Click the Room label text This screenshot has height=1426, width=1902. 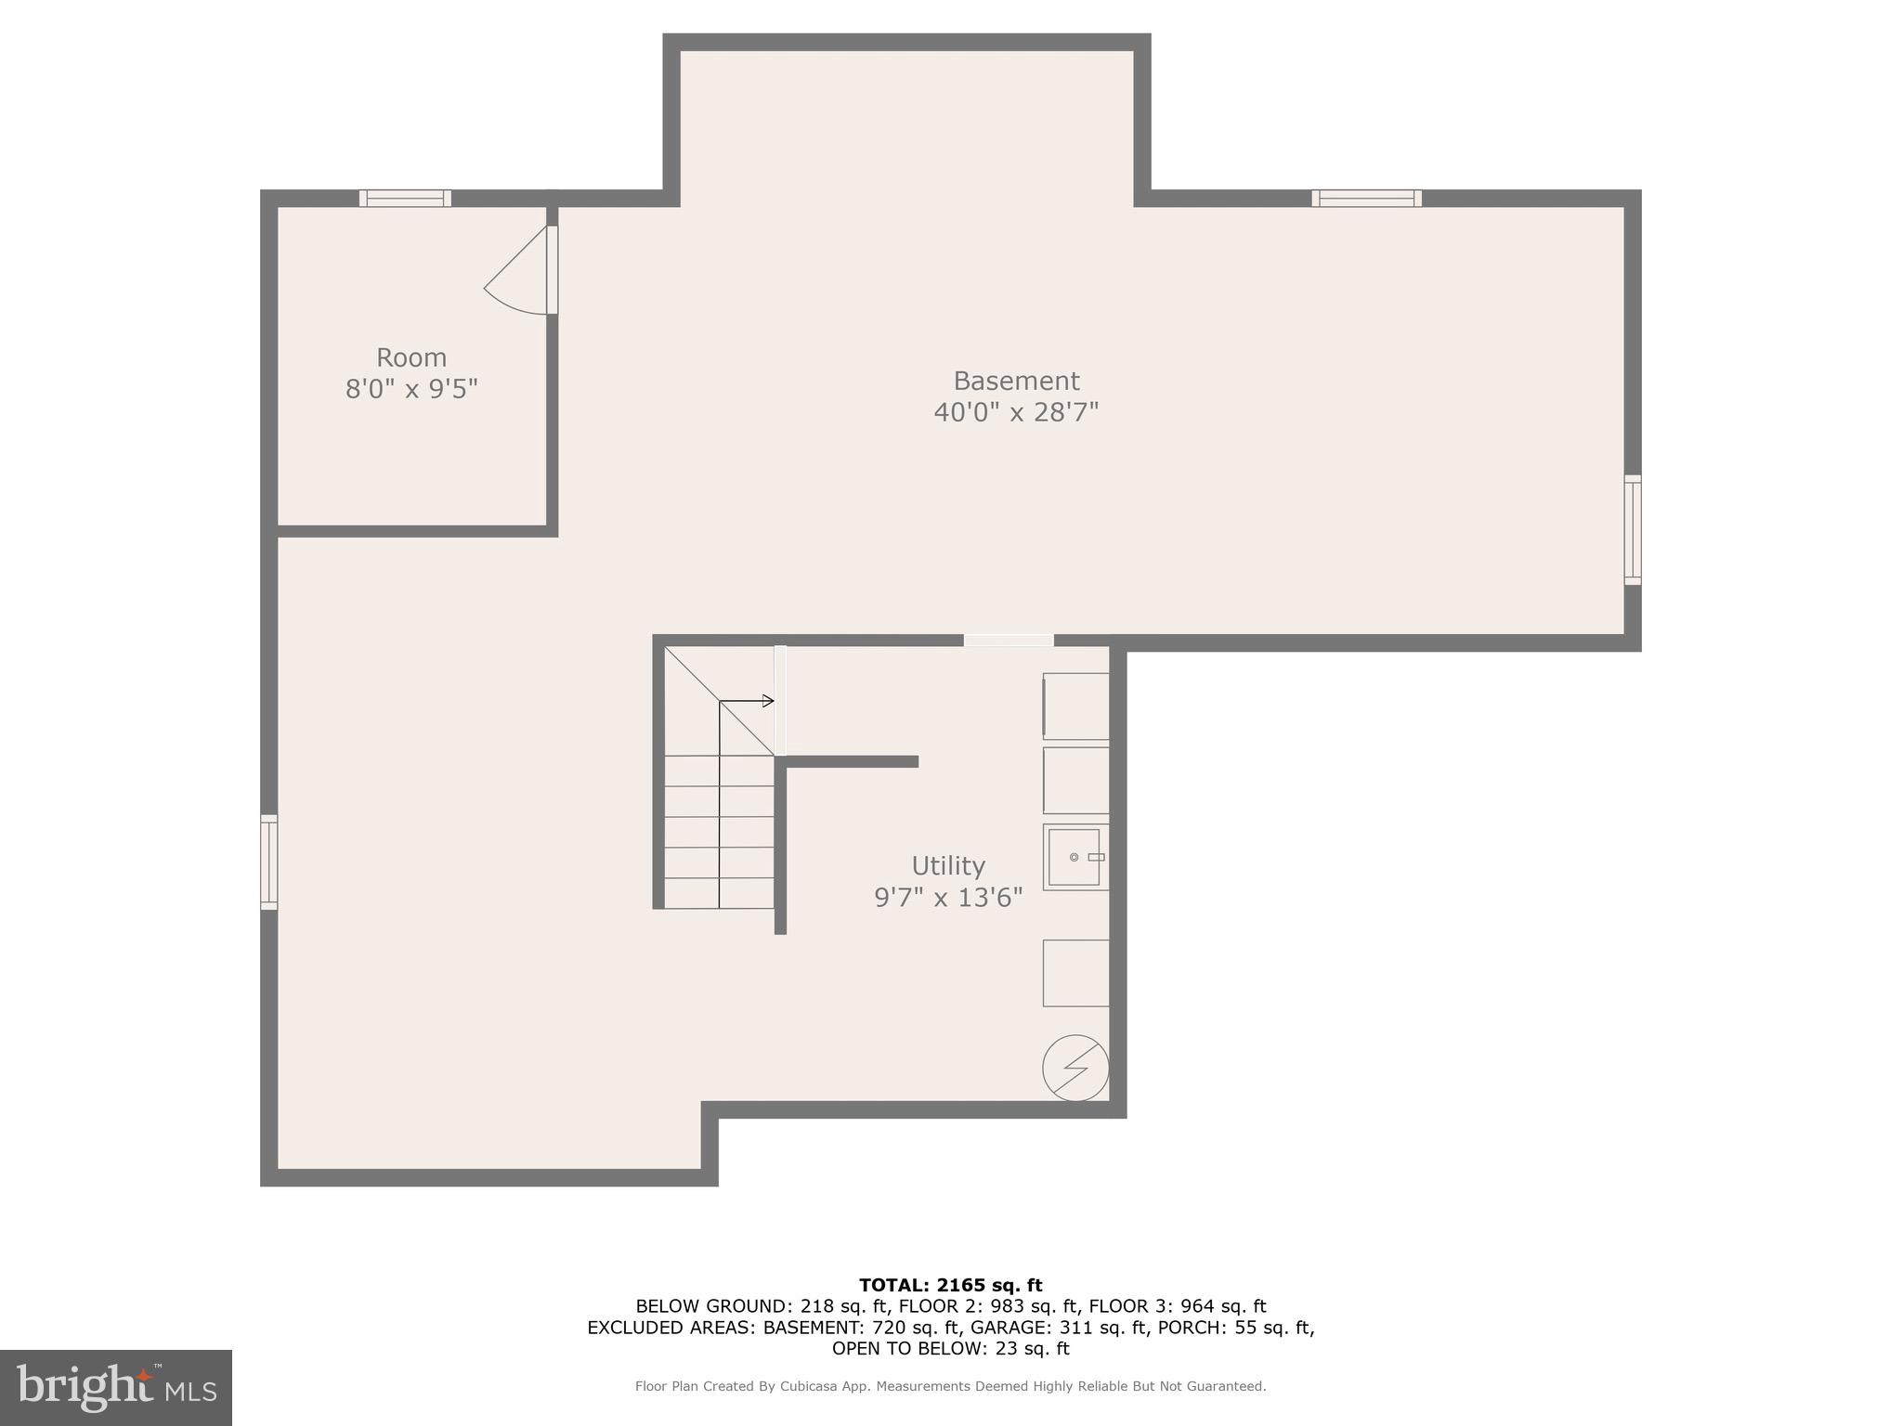click(x=410, y=357)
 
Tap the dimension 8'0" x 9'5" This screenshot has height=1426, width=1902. click(x=410, y=388)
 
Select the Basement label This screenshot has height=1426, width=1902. click(x=1016, y=381)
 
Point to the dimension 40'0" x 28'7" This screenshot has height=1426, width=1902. click(x=1016, y=411)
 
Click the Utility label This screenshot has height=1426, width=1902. click(x=947, y=865)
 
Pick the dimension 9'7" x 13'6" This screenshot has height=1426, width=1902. click(x=947, y=897)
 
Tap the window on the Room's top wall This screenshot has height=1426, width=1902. click(x=405, y=198)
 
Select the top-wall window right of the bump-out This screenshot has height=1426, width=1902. click(x=1366, y=198)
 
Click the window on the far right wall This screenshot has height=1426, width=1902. click(x=1632, y=529)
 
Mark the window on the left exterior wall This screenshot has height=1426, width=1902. click(x=268, y=862)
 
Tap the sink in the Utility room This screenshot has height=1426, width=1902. click(x=1075, y=857)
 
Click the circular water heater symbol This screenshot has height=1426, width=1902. click(x=1075, y=1068)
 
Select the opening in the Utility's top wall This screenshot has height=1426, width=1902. click(x=1008, y=640)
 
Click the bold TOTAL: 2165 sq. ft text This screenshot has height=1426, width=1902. click(x=950, y=1285)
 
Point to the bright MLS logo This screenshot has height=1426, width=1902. click(x=116, y=1387)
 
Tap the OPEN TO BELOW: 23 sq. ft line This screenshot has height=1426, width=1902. click(x=950, y=1348)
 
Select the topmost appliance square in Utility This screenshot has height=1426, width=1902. click(x=1075, y=707)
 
